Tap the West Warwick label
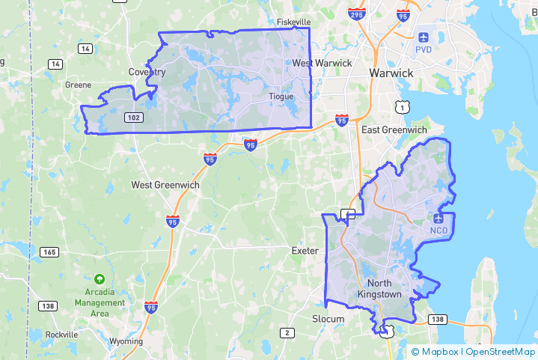322,64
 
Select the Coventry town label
147,72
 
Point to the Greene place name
78,85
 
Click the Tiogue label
281,97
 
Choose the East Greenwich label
394,130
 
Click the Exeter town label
305,251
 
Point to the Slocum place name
328,319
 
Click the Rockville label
61,335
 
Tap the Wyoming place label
125,341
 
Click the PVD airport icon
424,37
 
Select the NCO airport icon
438,218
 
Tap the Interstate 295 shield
356,13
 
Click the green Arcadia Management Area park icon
100,279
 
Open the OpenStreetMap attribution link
499,351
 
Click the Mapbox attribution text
438,351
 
